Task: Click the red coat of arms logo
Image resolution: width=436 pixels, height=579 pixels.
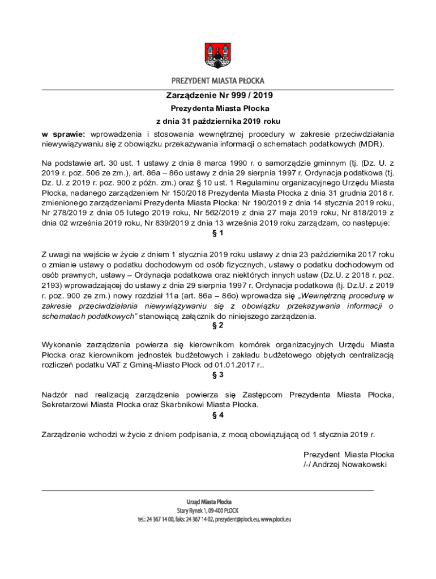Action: [217, 54]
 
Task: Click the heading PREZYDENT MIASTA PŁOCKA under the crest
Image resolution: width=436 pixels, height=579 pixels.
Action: [218, 80]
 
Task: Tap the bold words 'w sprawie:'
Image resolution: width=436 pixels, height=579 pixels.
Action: [63, 134]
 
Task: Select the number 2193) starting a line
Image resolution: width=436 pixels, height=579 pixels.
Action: [53, 287]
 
